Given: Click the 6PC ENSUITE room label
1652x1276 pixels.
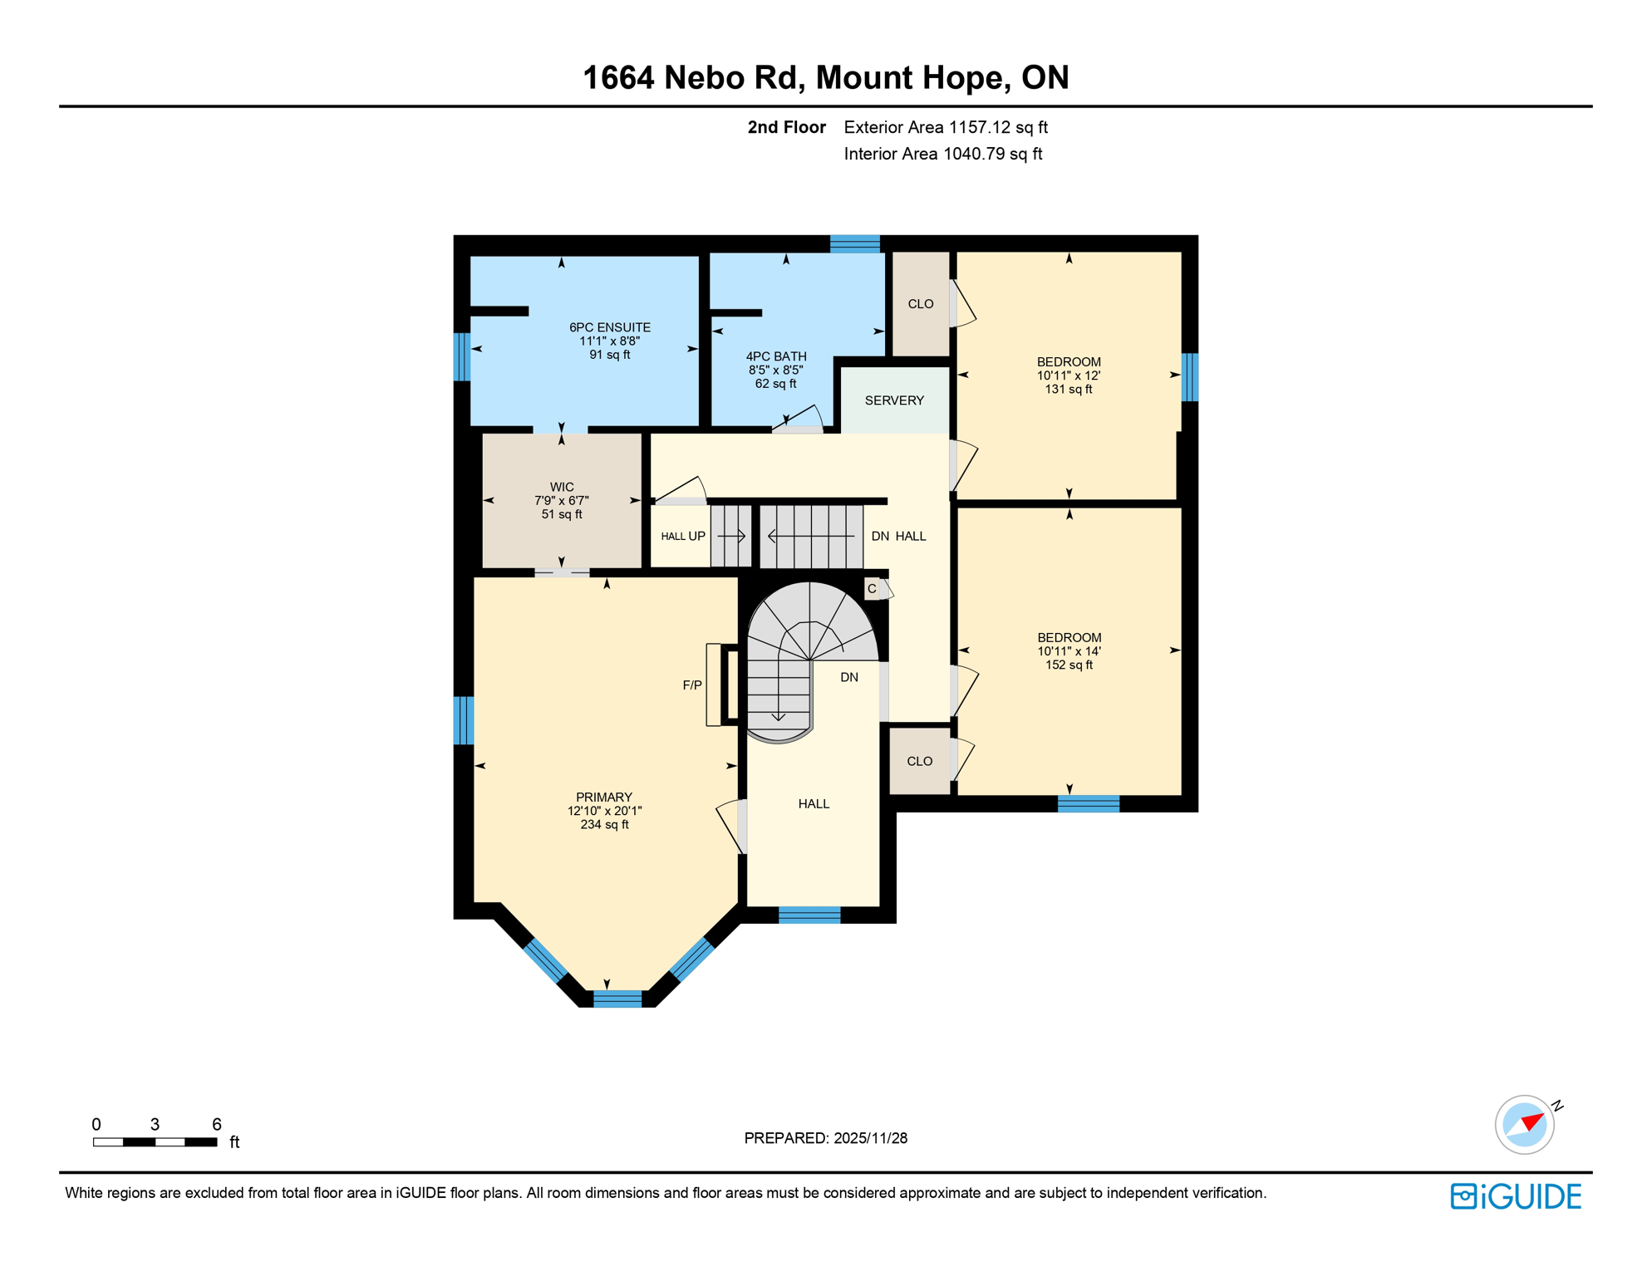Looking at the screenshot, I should pyautogui.click(x=609, y=328).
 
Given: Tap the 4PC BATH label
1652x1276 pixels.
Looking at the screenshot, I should pyautogui.click(x=775, y=357).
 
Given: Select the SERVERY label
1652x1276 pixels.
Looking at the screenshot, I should pyautogui.click(x=894, y=400).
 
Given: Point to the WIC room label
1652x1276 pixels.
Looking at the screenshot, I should pyautogui.click(x=562, y=488).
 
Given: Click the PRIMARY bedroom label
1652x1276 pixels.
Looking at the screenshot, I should pyautogui.click(x=604, y=797).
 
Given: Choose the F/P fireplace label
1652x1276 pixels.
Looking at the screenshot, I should pyautogui.click(x=691, y=685).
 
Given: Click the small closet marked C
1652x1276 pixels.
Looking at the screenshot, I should pyautogui.click(x=872, y=589).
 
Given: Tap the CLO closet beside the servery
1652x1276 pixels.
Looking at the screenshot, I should pyautogui.click(x=920, y=304).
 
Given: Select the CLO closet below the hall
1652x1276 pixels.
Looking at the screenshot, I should pyautogui.click(x=919, y=761).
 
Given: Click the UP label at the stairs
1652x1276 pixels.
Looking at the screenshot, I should pyautogui.click(x=696, y=537).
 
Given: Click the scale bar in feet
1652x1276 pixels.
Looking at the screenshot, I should pyautogui.click(x=155, y=1142).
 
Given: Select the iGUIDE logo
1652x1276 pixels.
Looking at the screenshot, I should pyautogui.click(x=1516, y=1196).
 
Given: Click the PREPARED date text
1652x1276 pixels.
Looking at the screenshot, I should pyautogui.click(x=825, y=1138).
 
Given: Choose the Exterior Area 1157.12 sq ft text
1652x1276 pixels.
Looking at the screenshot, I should pyautogui.click(x=945, y=127).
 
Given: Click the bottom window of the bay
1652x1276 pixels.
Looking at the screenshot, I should pyautogui.click(x=617, y=999).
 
